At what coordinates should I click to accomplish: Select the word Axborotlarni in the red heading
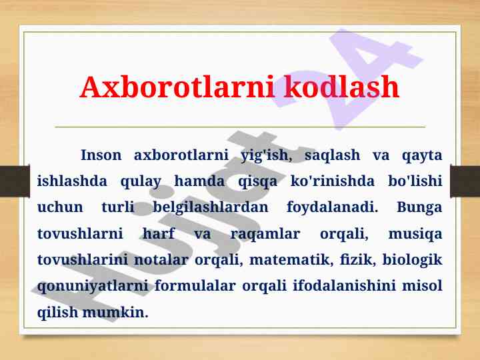[177, 87]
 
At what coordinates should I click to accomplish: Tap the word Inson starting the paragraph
[101, 155]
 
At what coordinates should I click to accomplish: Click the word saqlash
[332, 155]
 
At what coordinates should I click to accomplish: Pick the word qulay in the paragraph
[141, 181]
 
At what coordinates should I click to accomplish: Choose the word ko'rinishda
[332, 181]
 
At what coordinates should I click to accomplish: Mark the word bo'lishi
[415, 181]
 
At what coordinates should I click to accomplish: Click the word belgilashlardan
[210, 207]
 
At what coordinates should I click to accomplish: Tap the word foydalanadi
[332, 207]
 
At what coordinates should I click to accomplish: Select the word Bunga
[419, 207]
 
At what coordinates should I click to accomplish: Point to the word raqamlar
[265, 234]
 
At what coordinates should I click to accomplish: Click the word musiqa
[415, 234]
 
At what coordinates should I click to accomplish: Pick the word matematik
[291, 260]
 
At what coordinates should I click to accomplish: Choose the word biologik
[412, 260]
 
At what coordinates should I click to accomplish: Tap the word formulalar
[195, 286]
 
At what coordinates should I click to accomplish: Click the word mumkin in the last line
[115, 313]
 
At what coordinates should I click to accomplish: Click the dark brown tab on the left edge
[15, 181]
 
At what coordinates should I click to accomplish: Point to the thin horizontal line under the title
[240, 127]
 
